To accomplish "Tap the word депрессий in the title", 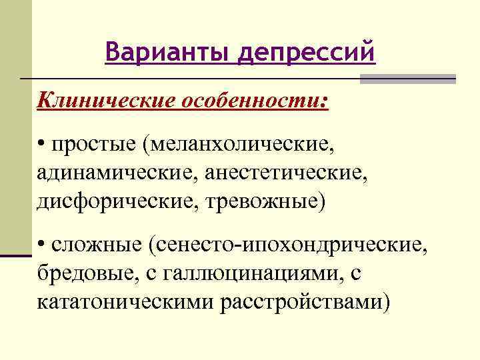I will click(306, 52).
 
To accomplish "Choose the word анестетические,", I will click(287, 173).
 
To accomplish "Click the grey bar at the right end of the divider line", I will click(408, 79).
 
